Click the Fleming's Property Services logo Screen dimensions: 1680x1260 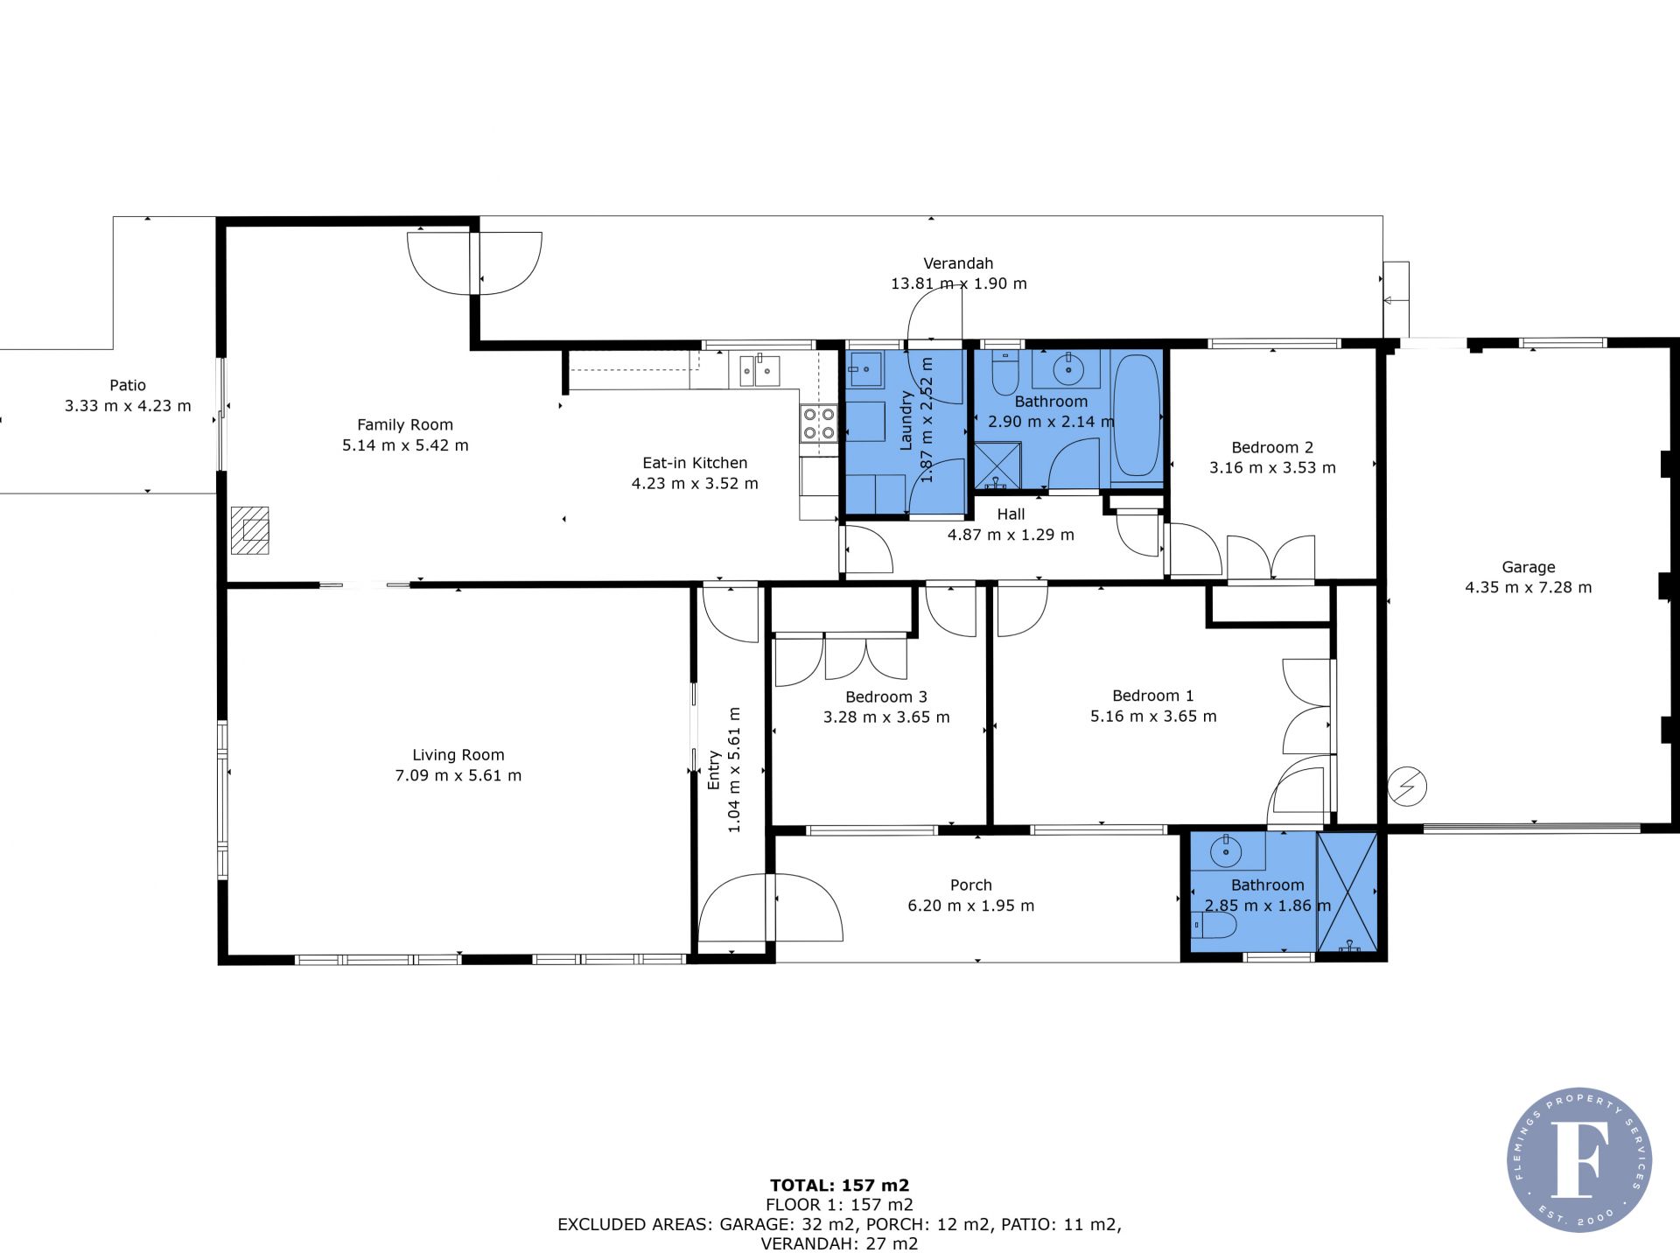(1579, 1159)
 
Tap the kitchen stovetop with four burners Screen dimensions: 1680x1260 (818, 423)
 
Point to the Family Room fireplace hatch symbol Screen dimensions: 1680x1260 (249, 530)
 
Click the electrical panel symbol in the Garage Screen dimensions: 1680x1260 (1407, 787)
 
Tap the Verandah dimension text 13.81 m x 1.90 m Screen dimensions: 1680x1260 (959, 283)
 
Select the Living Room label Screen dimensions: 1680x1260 (458, 755)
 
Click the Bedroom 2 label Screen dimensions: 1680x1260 (1272, 447)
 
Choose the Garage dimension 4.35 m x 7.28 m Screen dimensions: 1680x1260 (1529, 587)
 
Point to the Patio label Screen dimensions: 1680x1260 (128, 385)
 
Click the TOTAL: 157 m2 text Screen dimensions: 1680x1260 (840, 1186)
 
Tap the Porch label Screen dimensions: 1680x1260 (971, 885)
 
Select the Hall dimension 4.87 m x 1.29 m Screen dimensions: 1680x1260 (1011, 535)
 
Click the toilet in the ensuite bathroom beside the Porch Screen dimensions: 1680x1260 (1214, 925)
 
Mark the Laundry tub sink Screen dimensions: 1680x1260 (865, 369)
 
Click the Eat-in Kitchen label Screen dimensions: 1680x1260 (695, 463)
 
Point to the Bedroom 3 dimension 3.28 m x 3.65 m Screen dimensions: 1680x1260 (886, 717)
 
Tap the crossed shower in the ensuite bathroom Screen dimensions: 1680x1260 (1347, 892)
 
